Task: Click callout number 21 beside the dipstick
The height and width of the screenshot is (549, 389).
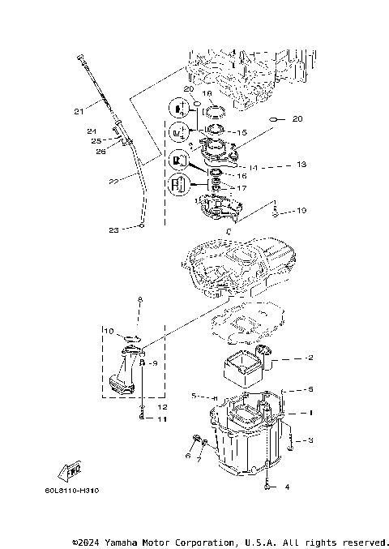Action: point(79,111)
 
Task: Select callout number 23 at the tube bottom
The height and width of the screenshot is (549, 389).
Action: point(114,230)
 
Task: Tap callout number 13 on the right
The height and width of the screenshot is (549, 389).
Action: point(301,164)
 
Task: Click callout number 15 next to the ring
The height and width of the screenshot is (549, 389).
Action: point(241,132)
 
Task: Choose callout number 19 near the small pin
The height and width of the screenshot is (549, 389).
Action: point(301,211)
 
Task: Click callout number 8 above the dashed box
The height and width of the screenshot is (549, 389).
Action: point(139,300)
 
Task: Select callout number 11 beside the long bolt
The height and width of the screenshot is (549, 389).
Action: point(161,419)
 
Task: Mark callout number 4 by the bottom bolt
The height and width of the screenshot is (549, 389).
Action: point(285,487)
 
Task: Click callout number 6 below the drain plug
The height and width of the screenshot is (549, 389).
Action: point(187,457)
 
